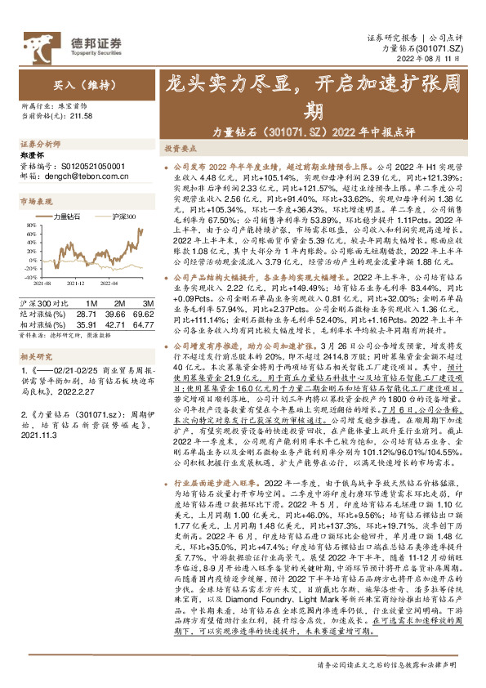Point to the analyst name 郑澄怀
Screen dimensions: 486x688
[30, 155]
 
